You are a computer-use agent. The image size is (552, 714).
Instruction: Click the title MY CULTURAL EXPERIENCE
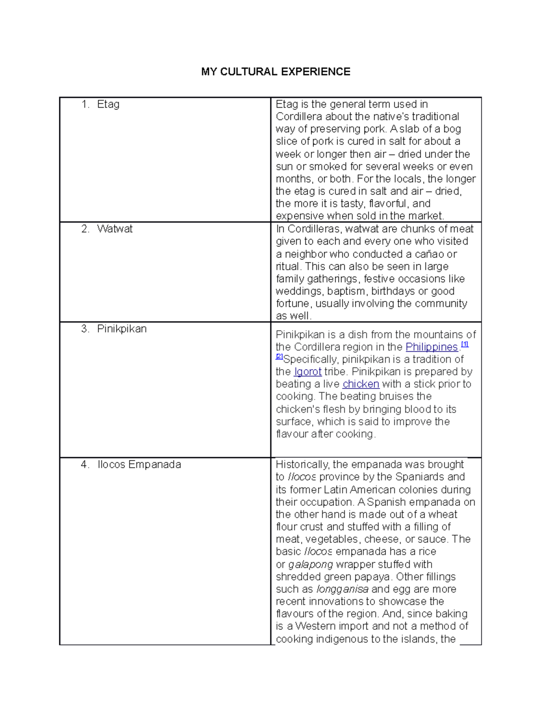(x=276, y=72)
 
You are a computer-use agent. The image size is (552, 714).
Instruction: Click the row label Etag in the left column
(x=108, y=104)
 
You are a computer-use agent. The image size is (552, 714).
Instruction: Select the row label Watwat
(x=115, y=229)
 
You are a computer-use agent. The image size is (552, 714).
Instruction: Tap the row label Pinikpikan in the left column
(x=121, y=329)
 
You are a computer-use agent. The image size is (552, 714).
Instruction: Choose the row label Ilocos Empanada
(x=139, y=464)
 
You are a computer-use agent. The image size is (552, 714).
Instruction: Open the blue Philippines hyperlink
(x=431, y=347)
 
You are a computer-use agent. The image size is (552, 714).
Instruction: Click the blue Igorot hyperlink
(x=307, y=372)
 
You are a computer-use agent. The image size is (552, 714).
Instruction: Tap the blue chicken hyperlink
(x=361, y=384)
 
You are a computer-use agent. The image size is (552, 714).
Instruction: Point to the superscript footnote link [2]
(x=279, y=356)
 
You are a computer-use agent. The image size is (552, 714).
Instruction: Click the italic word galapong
(x=310, y=565)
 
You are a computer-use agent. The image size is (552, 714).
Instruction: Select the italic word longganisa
(x=342, y=589)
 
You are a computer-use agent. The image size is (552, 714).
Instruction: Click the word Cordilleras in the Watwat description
(x=313, y=229)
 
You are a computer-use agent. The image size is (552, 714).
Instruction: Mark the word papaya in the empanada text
(x=374, y=577)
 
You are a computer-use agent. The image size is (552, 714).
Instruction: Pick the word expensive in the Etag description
(x=299, y=216)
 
